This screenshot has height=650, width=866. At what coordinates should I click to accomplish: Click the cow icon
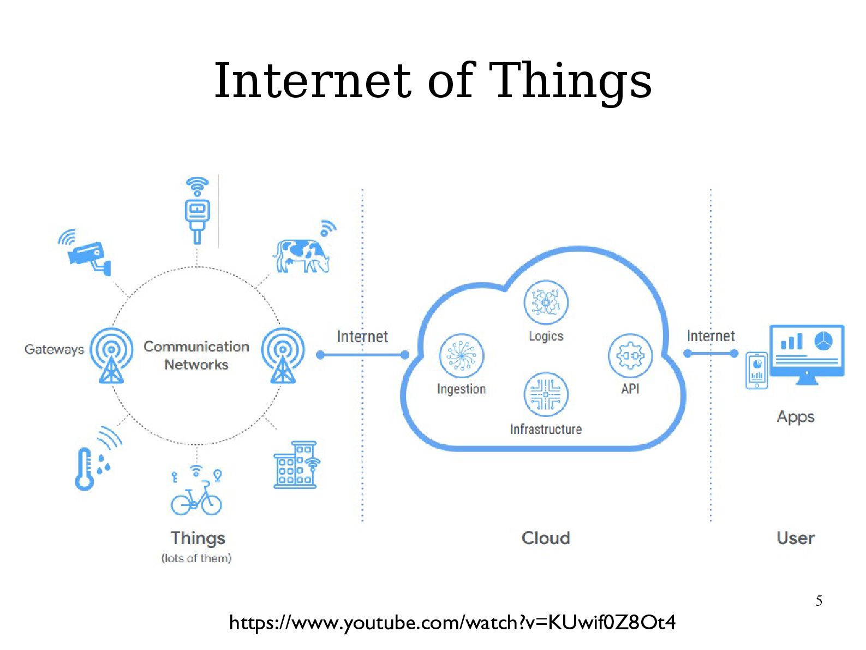302,255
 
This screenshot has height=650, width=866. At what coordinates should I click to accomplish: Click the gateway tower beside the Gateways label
111,355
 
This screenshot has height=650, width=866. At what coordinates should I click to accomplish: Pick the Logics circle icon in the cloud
546,302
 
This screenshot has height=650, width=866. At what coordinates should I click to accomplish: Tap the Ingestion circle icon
461,355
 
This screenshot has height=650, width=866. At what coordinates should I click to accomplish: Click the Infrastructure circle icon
546,394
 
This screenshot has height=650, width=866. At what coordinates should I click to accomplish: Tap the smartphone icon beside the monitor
756,371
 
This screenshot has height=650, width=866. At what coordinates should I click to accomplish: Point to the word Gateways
54,349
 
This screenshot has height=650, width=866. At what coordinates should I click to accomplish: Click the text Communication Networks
196,355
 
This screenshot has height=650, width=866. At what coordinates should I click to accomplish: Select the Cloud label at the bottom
546,538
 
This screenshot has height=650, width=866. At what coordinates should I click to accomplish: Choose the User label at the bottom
795,538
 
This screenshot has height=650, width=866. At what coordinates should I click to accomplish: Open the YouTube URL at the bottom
452,622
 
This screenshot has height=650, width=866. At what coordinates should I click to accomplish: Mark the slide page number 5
819,601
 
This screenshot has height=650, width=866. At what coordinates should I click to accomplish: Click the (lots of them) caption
196,558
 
